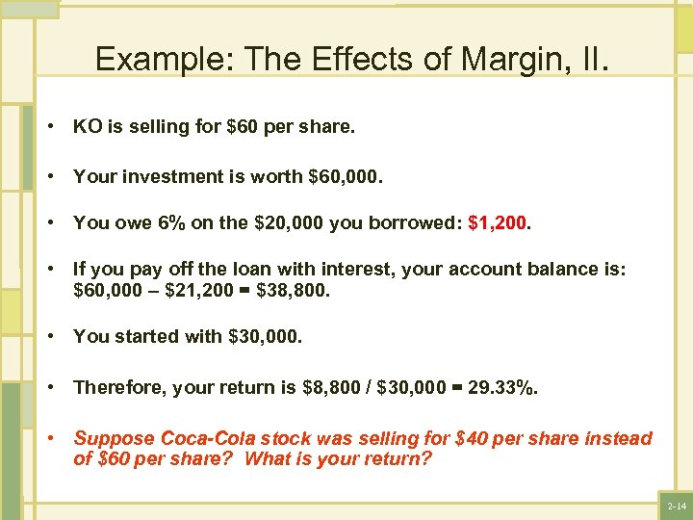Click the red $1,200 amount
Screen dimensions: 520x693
click(x=498, y=223)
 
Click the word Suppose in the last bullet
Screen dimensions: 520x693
click(x=110, y=439)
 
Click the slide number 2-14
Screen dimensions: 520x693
click(x=678, y=506)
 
